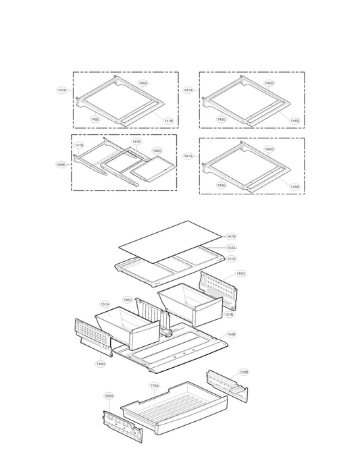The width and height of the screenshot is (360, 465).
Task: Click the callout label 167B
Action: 231,237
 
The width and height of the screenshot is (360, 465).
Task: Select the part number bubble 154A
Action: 231,248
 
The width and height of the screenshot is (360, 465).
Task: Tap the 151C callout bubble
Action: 231,258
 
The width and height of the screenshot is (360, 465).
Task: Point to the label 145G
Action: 240,273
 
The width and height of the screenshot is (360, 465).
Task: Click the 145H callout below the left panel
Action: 100,364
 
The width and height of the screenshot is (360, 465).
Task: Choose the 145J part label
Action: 128,300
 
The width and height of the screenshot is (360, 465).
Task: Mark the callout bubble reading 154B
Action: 231,333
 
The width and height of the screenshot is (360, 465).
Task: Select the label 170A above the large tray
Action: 154,385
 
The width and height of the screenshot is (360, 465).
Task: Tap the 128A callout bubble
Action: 109,395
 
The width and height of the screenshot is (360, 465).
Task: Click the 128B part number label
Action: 244,372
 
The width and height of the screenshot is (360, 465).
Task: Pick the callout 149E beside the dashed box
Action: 61,164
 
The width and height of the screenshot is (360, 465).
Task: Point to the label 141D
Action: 79,145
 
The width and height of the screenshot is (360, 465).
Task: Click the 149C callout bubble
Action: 157,151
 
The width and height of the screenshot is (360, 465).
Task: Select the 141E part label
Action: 136,142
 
